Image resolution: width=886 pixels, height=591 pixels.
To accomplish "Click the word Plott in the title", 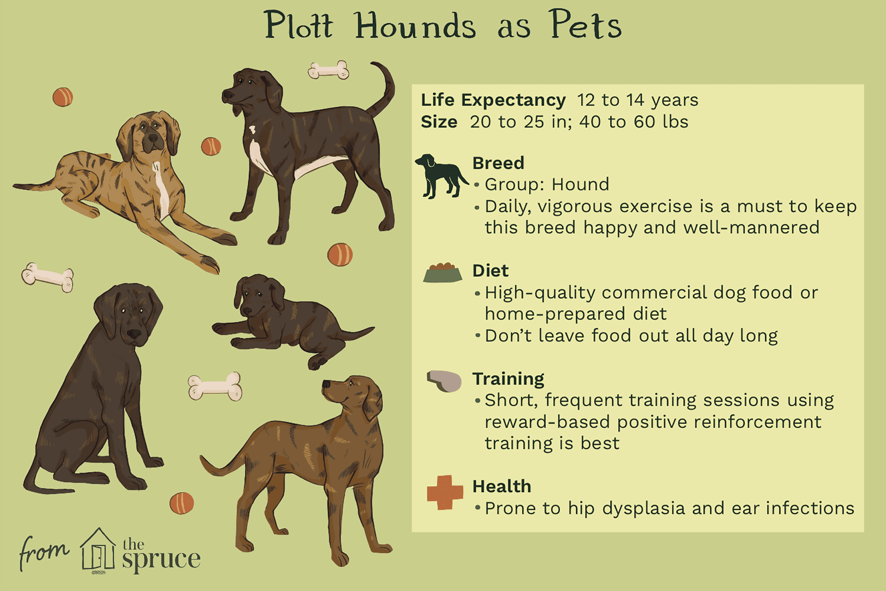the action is (299, 25).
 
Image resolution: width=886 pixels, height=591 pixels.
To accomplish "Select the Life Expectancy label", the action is (493, 100).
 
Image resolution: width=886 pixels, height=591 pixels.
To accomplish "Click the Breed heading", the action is (498, 163).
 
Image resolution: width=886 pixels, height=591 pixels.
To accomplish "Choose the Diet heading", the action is (490, 271).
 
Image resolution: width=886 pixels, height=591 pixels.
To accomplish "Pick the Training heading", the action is (508, 379).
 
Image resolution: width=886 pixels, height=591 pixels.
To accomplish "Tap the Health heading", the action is (502, 486).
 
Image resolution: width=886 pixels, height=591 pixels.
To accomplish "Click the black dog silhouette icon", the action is (441, 176).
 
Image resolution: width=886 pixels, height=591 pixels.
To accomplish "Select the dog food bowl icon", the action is (443, 272).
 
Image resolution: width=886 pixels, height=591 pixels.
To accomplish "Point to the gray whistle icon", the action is (444, 381).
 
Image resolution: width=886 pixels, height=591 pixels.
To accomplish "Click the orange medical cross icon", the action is (445, 492).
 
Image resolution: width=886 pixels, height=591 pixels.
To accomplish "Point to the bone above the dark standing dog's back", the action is (328, 70).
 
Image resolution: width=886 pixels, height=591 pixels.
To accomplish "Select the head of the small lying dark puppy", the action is (259, 296).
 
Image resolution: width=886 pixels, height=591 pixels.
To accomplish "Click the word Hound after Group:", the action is (580, 185).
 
